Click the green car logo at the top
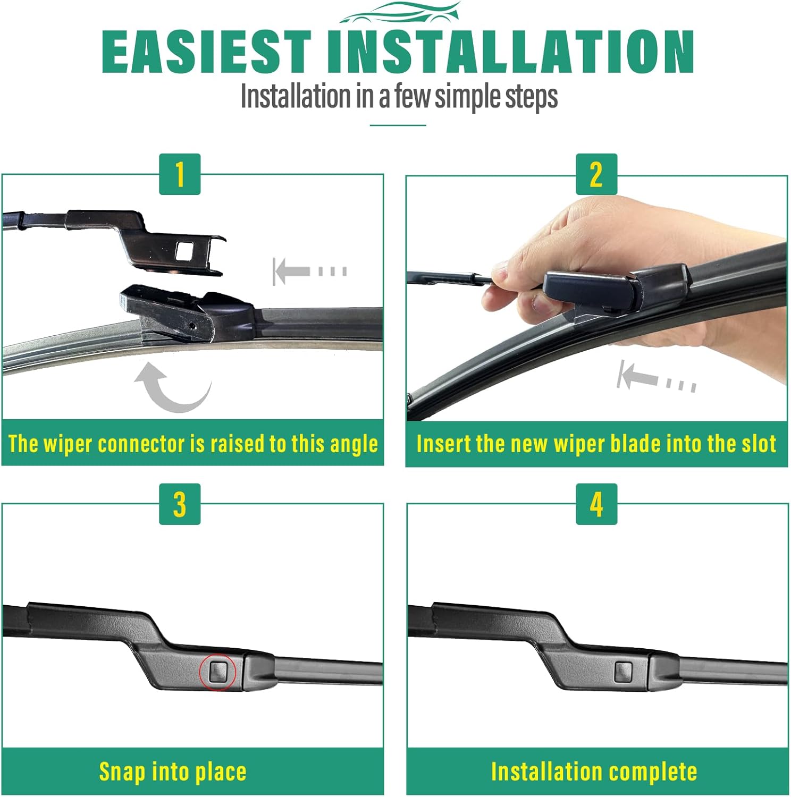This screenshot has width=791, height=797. pyautogui.click(x=399, y=13)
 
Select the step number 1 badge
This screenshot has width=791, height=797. pyautogui.click(x=180, y=174)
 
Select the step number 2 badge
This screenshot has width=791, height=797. pyautogui.click(x=596, y=174)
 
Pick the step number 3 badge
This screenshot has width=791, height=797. pyautogui.click(x=180, y=504)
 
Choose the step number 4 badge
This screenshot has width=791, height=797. pyautogui.click(x=596, y=504)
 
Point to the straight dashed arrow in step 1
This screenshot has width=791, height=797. pyautogui.click(x=309, y=271)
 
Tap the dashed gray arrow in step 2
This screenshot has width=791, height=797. pyautogui.click(x=656, y=377)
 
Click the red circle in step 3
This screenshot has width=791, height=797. pyautogui.click(x=218, y=672)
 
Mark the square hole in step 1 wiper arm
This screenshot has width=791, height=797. pyautogui.click(x=184, y=250)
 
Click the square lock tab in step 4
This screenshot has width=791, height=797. pyautogui.click(x=623, y=673)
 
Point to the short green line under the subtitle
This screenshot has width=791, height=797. pyautogui.click(x=398, y=125)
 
